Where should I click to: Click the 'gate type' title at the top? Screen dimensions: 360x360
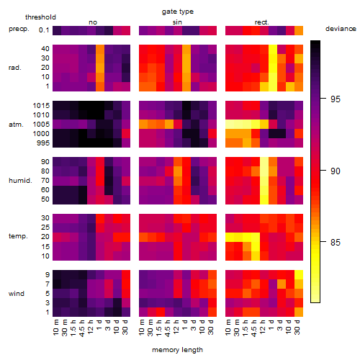click(178, 12)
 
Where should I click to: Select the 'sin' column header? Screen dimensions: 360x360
click(177, 22)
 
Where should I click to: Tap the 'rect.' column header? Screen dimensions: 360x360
click(262, 22)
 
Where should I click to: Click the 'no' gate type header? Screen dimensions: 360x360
click(93, 22)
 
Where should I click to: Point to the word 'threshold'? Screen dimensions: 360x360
click(40, 17)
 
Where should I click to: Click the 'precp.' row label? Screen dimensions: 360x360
click(19, 29)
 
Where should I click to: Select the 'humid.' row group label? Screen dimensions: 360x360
click(20, 180)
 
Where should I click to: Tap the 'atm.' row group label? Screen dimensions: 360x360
click(16, 125)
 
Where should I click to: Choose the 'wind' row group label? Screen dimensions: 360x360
click(17, 293)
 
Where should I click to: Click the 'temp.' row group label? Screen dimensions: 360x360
click(18, 236)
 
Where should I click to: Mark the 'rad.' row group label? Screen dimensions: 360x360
click(15, 68)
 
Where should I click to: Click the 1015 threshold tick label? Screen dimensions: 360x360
click(41, 105)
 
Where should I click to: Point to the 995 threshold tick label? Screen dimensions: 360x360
click(43, 143)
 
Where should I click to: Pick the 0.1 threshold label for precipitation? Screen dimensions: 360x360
click(44, 30)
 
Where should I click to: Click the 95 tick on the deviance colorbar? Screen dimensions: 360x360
click(336, 99)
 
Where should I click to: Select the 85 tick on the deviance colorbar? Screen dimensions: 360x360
click(336, 242)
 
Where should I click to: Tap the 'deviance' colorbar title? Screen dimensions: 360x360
click(341, 29)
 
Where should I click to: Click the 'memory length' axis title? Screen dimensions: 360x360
click(177, 350)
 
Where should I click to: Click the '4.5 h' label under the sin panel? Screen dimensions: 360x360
click(168, 328)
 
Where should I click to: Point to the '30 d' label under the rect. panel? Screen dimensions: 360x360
click(297, 327)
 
